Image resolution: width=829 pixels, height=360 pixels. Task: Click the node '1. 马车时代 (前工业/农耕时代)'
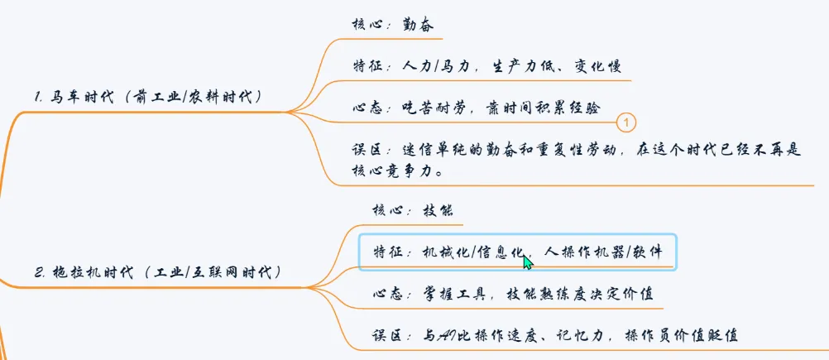tap(149, 97)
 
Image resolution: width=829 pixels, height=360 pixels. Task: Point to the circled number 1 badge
tap(626, 122)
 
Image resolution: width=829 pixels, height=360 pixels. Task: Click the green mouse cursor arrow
tap(527, 262)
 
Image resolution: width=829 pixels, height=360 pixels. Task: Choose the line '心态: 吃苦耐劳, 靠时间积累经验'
tap(476, 108)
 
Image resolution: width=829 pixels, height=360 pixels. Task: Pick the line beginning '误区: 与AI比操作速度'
tap(554, 334)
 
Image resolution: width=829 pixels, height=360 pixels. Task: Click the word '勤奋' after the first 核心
tap(419, 25)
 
